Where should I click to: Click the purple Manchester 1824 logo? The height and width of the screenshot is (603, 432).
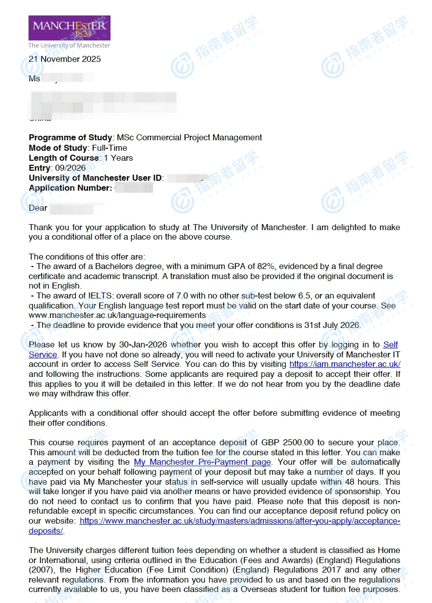pyautogui.click(x=69, y=28)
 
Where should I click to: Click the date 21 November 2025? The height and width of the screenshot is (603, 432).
pyautogui.click(x=64, y=59)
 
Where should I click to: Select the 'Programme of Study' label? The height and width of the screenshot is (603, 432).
pyautogui.click(x=71, y=137)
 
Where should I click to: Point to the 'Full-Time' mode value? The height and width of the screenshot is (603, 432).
pyautogui.click(x=109, y=148)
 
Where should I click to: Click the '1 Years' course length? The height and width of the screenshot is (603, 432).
pyautogui.click(x=118, y=158)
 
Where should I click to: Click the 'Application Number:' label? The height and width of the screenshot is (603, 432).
pyautogui.click(x=70, y=188)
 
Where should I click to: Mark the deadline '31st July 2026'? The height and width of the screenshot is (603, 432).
pyautogui.click(x=332, y=325)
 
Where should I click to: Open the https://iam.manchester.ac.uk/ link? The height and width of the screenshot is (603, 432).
pyautogui.click(x=345, y=364)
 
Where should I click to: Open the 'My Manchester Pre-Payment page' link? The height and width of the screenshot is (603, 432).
pyautogui.click(x=202, y=462)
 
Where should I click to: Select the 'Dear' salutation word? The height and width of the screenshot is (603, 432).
pyautogui.click(x=38, y=208)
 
